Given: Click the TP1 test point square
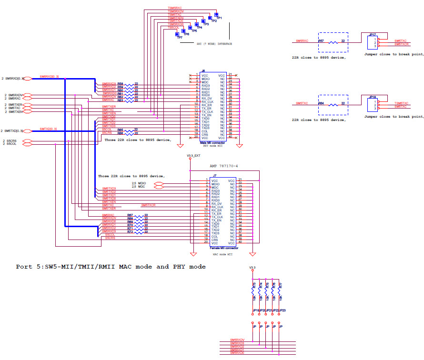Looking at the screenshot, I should (x=216, y=14).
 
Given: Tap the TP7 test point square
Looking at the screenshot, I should (x=177, y=33).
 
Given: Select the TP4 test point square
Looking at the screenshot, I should (x=197, y=24).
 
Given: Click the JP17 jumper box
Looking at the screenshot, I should (x=373, y=43).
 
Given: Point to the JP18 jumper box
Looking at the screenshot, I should (x=373, y=105).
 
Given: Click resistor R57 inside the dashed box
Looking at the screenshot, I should (x=332, y=42).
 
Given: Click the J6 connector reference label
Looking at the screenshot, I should (x=203, y=71).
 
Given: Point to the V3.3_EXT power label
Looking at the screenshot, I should (x=193, y=156).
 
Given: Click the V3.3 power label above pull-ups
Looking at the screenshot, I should (x=252, y=267).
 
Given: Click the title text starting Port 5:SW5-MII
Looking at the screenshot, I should (x=111, y=267).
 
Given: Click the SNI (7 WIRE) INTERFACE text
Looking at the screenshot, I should (x=214, y=44).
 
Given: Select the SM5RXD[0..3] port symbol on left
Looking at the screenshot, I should (x=28, y=78).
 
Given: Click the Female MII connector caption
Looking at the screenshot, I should (x=225, y=248).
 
